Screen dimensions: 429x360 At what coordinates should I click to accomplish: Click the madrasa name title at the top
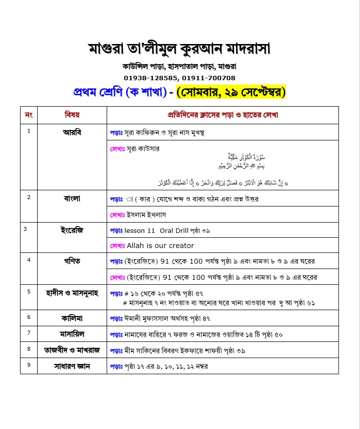tap(180, 49)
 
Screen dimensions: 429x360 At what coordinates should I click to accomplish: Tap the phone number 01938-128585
tap(151, 78)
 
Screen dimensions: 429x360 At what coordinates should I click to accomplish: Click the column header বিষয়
tap(72, 115)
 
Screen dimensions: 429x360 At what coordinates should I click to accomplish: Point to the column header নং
tap(28, 115)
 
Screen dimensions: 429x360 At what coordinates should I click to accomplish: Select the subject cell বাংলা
tap(72, 198)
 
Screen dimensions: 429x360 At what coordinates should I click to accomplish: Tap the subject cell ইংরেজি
tap(72, 229)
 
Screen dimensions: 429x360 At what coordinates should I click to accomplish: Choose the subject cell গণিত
tap(72, 260)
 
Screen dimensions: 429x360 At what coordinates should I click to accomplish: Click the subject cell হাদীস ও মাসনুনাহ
tap(72, 292)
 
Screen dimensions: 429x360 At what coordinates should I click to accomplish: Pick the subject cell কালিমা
tap(72, 317)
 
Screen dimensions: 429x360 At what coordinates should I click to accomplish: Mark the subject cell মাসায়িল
tap(72, 334)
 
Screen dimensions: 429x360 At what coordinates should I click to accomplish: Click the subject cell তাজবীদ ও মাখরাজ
tap(72, 350)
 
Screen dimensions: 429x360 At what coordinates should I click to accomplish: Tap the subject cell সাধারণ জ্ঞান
tap(72, 366)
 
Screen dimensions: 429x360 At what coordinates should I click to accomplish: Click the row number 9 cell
tap(29, 365)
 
